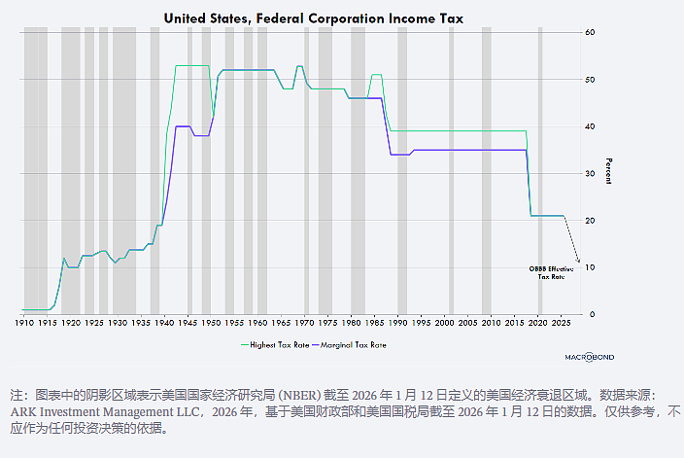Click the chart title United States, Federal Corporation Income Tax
(313, 18)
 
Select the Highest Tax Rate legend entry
(275, 345)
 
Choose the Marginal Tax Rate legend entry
(350, 345)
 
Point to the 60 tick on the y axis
(590, 32)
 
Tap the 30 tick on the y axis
(590, 173)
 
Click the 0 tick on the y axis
(592, 314)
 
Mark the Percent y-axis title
(609, 171)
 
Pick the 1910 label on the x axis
(24, 323)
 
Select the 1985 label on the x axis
(374, 323)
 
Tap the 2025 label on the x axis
(561, 323)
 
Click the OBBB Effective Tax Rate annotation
(552, 273)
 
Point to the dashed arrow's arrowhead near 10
(578, 262)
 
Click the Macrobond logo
(590, 357)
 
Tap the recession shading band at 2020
(540, 171)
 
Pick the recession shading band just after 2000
(452, 171)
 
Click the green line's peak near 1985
(377, 75)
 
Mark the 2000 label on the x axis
(445, 323)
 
